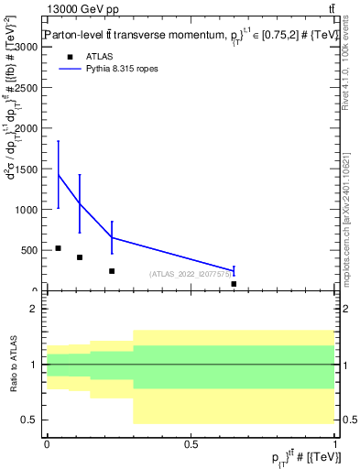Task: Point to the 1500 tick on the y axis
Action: (26, 169)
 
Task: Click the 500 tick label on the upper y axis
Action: (29, 250)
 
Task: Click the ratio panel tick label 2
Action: (35, 310)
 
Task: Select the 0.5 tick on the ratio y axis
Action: (30, 420)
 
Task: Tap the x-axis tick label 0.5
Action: (191, 443)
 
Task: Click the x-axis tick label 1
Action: (334, 443)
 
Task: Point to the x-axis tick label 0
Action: (47, 443)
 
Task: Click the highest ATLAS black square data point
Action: (58, 248)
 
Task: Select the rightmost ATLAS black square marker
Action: (234, 284)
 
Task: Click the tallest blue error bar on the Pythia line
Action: (59, 174)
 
